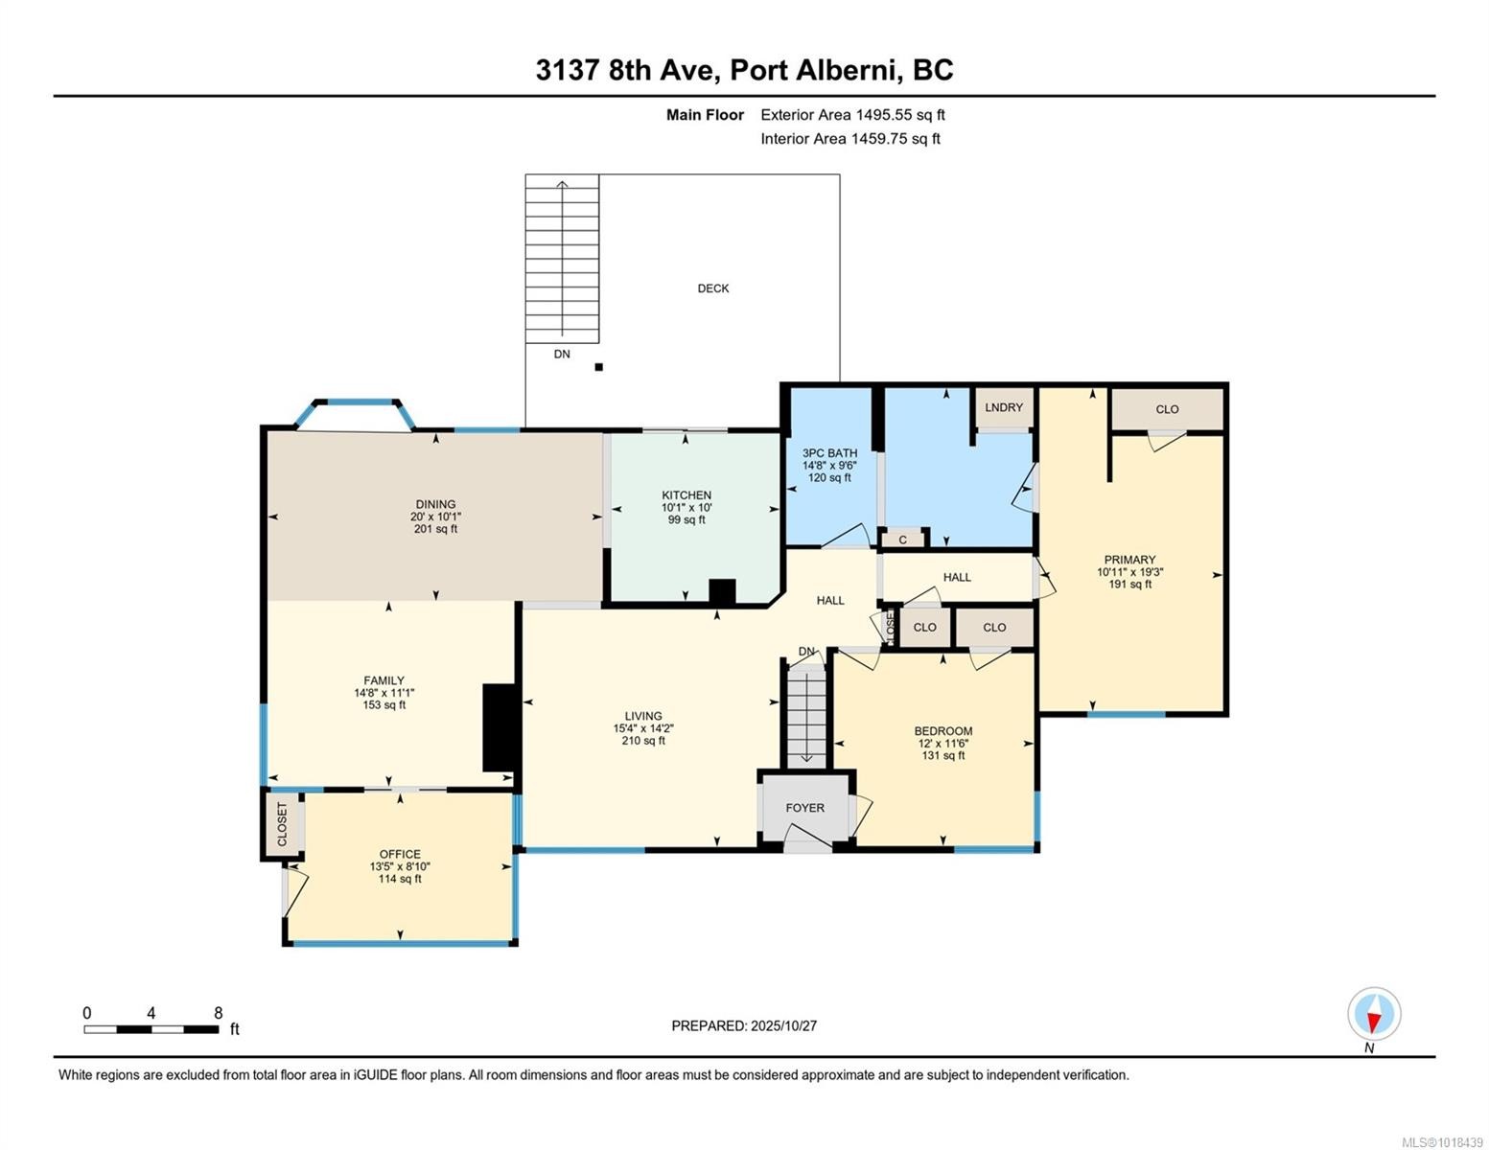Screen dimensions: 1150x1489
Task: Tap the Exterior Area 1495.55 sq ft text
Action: [x=852, y=115]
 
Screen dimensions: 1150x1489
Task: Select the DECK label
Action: [x=712, y=288]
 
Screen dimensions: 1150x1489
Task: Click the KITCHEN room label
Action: [x=686, y=495]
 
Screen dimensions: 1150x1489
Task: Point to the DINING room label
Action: [x=435, y=504]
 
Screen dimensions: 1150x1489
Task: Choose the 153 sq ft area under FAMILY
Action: [x=384, y=705]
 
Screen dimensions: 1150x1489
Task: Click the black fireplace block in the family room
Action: [x=499, y=727]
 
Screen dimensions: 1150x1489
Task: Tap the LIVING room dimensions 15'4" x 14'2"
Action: [x=642, y=728]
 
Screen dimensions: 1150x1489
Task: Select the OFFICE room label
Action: [x=400, y=854]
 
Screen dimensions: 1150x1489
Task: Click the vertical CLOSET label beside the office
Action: [x=282, y=824]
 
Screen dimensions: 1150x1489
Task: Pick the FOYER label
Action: [x=804, y=808]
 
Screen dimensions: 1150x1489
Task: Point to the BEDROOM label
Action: [x=942, y=731]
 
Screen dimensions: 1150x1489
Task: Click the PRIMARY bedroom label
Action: [x=1129, y=560]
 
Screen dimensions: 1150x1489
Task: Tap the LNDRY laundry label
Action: [x=1004, y=407]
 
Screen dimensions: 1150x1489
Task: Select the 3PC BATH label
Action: [x=829, y=453]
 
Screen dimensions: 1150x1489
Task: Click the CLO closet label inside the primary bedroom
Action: [x=1167, y=409]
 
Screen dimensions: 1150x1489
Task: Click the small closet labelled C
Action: [x=902, y=540]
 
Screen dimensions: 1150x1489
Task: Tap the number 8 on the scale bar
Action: [x=219, y=1013]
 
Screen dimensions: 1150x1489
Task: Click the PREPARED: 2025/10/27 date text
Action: [x=744, y=1025]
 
